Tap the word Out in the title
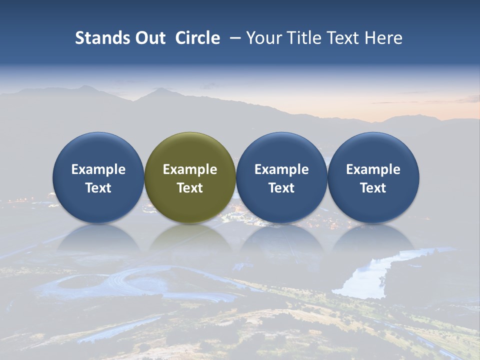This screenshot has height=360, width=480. [149, 38]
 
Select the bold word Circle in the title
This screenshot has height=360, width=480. [197, 38]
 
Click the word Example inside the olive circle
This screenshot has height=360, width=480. [190, 169]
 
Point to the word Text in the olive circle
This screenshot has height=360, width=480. [190, 188]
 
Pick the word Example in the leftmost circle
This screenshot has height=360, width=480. [98, 169]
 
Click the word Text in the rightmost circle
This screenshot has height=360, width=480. [373, 188]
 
